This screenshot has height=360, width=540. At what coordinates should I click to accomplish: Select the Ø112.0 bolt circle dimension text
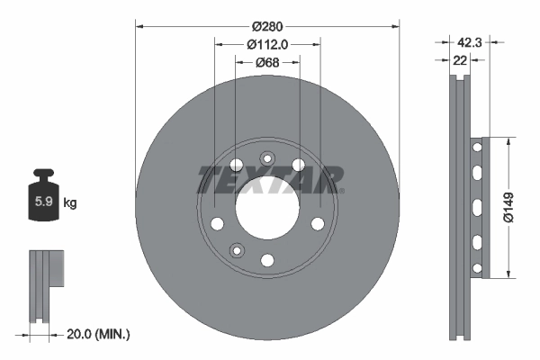[266, 42]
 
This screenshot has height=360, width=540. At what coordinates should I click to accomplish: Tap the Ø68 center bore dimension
[266, 62]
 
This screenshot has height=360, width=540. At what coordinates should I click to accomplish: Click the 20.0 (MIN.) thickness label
[100, 334]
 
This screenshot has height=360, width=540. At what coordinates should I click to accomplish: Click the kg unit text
[70, 203]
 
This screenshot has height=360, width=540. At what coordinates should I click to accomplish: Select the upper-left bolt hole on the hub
[236, 165]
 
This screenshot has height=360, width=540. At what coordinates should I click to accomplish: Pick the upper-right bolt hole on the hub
[298, 165]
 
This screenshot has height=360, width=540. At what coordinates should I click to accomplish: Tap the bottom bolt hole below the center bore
[266, 260]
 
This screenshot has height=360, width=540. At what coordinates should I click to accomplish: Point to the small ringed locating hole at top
[266, 159]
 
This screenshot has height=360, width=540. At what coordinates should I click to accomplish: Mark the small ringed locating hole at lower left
[236, 249]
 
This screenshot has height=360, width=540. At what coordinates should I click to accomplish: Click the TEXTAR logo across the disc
[270, 179]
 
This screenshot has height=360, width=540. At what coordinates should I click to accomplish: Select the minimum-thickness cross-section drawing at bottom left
[43, 284]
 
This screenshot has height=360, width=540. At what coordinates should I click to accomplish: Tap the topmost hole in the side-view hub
[476, 147]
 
